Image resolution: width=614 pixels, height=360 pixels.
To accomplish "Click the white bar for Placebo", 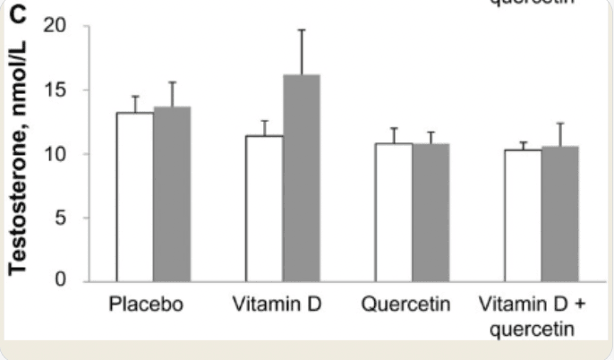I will [135, 197].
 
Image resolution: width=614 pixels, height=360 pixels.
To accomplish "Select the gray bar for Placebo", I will [172, 194].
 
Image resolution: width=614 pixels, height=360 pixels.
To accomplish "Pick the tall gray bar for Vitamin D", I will [302, 178].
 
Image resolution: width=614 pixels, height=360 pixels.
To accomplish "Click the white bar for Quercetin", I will [394, 212].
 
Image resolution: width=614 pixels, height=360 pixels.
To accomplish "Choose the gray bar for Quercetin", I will [431, 212].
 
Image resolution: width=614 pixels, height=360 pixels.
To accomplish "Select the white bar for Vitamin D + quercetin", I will [524, 215].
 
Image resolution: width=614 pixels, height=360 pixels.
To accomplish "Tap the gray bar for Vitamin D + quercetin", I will [560, 213].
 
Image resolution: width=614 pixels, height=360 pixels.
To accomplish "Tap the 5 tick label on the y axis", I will [62, 218].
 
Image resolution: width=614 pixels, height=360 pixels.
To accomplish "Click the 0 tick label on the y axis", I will [62, 281].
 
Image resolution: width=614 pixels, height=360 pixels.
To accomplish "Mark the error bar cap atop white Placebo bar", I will [135, 97].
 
